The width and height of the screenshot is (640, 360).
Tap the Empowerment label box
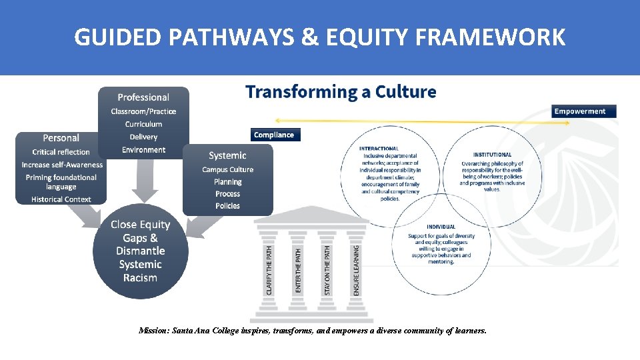[579, 111]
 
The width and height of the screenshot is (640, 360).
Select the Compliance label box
[273, 135]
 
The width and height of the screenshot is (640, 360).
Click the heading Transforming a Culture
[341, 91]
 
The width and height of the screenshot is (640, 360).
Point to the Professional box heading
[143, 97]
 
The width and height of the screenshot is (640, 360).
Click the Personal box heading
[61, 138]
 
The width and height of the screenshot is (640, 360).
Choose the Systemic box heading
[227, 155]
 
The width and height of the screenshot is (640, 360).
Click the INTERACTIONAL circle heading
[379, 148]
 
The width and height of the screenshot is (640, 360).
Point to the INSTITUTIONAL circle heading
[492, 155]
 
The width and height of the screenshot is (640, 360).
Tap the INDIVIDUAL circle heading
[441, 227]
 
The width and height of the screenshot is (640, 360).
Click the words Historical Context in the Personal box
[61, 199]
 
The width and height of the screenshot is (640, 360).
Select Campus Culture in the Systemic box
[227, 169]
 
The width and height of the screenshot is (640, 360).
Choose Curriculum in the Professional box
[143, 124]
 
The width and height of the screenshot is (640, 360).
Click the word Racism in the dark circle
[140, 278]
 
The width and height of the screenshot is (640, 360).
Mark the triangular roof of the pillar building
[312, 215]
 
